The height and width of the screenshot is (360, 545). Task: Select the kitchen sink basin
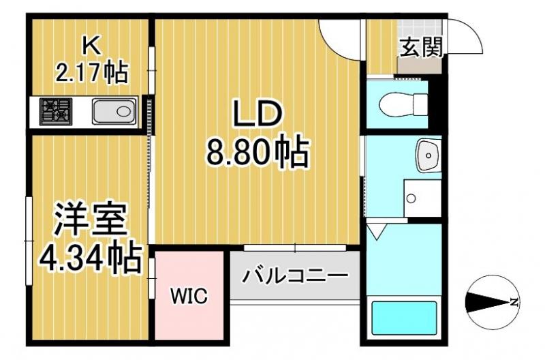click(x=113, y=111)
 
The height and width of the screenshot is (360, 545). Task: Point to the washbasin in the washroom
click(x=429, y=157)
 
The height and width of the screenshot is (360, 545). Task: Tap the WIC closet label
click(x=189, y=297)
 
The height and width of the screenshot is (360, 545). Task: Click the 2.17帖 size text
click(x=91, y=71)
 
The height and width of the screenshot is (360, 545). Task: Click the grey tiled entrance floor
click(x=421, y=66)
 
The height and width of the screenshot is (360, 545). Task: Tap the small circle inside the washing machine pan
click(x=411, y=198)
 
